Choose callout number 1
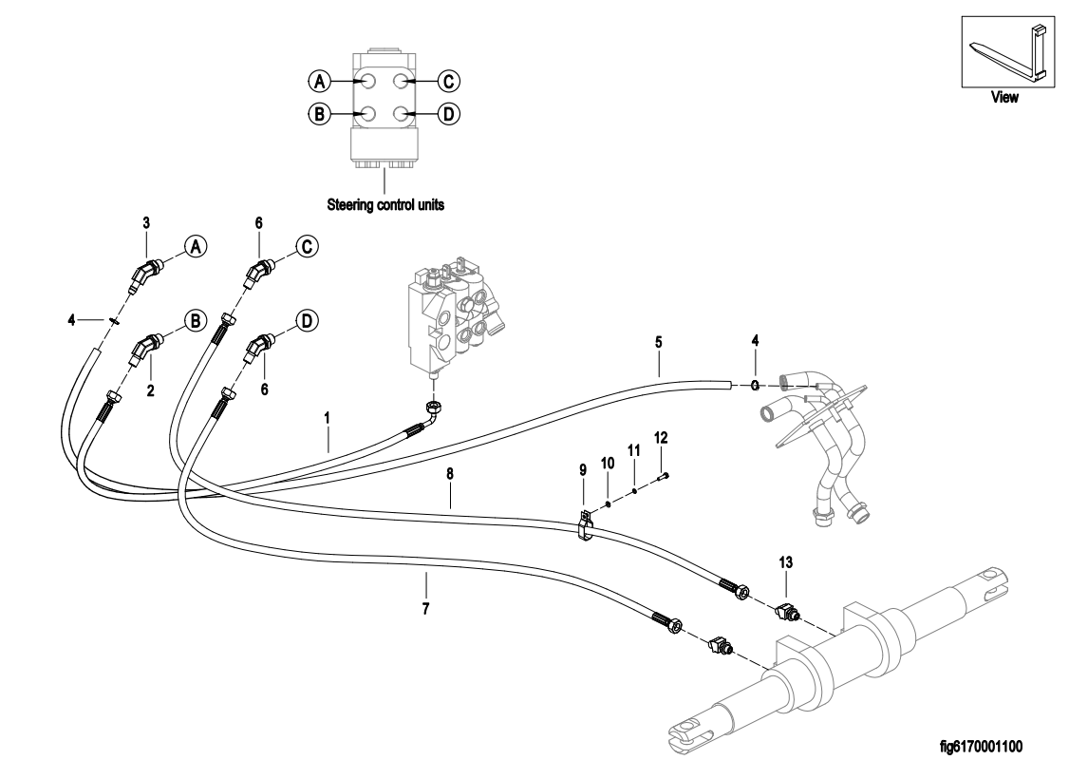point(328,416)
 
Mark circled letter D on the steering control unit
point(448,114)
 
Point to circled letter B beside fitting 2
point(196,320)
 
